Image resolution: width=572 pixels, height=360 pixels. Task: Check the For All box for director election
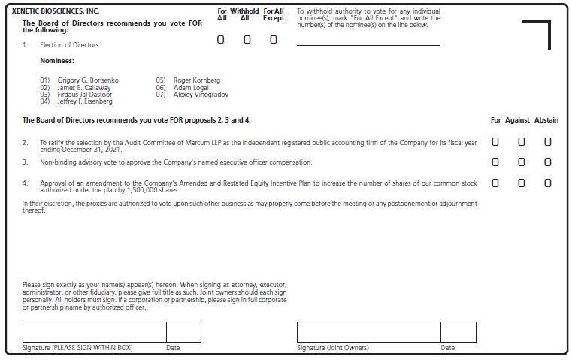pyautogui.click(x=221, y=40)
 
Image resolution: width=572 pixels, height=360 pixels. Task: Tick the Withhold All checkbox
pyautogui.click(x=247, y=40)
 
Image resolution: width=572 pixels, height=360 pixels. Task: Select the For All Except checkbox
pyautogui.click(x=273, y=40)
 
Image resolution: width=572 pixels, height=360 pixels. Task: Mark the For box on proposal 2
pyautogui.click(x=495, y=141)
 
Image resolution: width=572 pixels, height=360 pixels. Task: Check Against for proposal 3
pyautogui.click(x=522, y=162)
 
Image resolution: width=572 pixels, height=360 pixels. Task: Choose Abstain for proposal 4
pyautogui.click(x=547, y=183)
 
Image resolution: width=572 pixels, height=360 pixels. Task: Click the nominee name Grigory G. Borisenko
pyautogui.click(x=88, y=80)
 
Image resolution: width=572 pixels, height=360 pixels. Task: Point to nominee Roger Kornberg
pyautogui.click(x=197, y=80)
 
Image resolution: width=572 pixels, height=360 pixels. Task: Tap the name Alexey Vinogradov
pyautogui.click(x=201, y=95)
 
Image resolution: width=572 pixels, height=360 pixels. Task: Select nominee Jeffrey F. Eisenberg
pyautogui.click(x=85, y=101)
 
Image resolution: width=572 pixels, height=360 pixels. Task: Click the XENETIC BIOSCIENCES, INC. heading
pyautogui.click(x=56, y=11)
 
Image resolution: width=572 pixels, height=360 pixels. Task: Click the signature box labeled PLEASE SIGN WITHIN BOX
pyautogui.click(x=94, y=332)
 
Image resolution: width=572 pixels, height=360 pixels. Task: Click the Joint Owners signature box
pyautogui.click(x=368, y=332)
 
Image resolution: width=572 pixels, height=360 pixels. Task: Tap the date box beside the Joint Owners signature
pyautogui.click(x=459, y=332)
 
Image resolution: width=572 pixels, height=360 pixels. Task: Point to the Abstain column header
pyautogui.click(x=546, y=120)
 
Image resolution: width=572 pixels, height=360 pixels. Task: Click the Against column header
pyautogui.click(x=517, y=120)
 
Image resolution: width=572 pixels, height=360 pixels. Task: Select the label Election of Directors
pyautogui.click(x=69, y=45)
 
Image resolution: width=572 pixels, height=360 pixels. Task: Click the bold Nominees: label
pyautogui.click(x=57, y=61)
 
